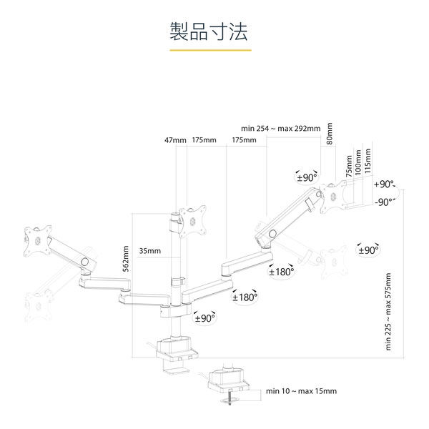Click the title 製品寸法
coord(209,31)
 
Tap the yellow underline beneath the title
coord(209,51)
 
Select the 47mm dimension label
coord(174,139)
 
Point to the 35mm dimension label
coord(149,251)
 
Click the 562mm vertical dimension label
coord(126,259)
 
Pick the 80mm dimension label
coord(330,134)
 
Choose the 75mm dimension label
coord(349,165)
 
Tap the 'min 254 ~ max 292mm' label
coord(280,129)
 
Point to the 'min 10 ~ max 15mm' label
coord(301,391)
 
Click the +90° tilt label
coord(383,184)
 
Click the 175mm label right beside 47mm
coord(204,139)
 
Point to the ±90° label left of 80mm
coord(305,177)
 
